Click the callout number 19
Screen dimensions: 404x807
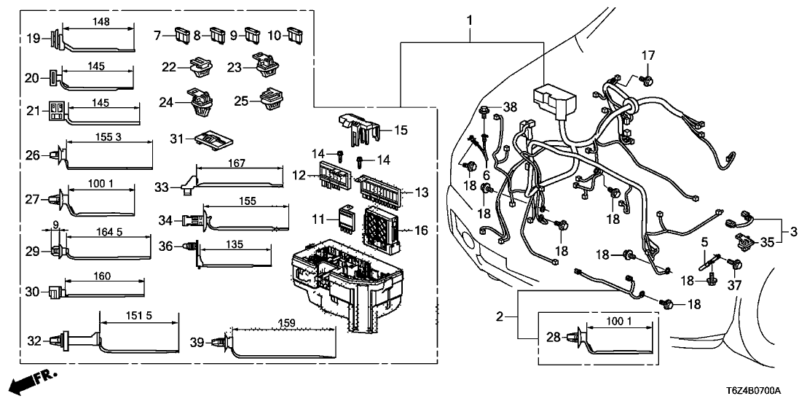pyautogui.click(x=32, y=39)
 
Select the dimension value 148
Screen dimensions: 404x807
pyautogui.click(x=101, y=21)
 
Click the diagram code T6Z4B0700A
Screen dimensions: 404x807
pyautogui.click(x=765, y=392)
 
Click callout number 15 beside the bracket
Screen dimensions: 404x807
pyautogui.click(x=400, y=131)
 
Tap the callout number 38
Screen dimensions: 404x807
pyautogui.click(x=509, y=106)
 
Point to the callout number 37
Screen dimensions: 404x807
pyautogui.click(x=735, y=285)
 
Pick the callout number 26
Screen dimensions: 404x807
pyautogui.click(x=31, y=155)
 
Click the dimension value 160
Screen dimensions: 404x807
pyautogui.click(x=102, y=276)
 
